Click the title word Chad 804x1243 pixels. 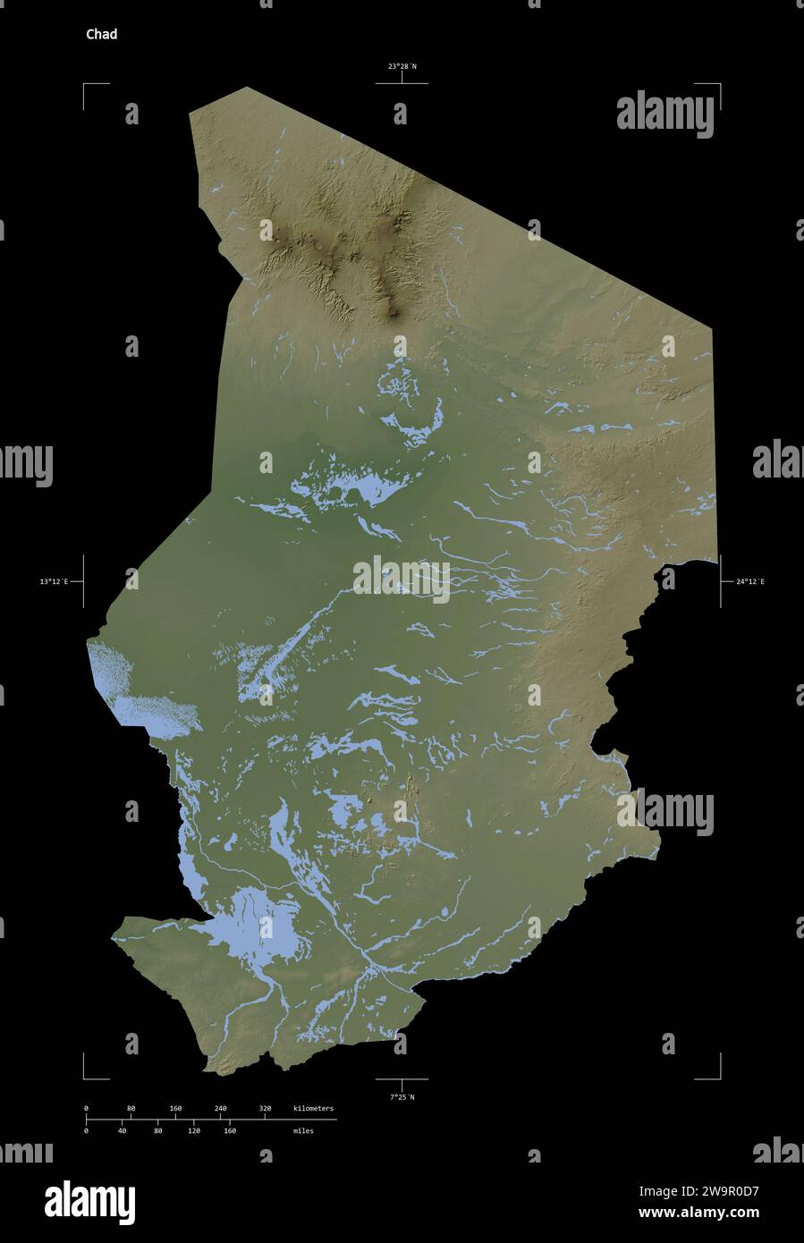[101, 35]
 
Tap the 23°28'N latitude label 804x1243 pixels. [402, 66]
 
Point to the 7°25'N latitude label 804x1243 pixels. [402, 1096]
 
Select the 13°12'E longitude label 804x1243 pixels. [54, 582]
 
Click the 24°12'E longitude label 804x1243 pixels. [750, 582]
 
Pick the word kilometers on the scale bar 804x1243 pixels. [313, 1109]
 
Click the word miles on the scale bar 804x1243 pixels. [302, 1131]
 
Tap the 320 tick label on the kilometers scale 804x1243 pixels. [265, 1109]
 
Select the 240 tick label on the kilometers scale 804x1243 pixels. [220, 1109]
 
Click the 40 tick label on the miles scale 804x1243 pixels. [122, 1131]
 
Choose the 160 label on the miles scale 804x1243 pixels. [229, 1131]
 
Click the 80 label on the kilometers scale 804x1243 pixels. [131, 1109]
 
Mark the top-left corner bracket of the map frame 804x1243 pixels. [87, 87]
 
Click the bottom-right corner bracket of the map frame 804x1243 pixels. [717, 1076]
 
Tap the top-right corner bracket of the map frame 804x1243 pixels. [717, 87]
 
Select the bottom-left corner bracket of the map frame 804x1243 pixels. [87, 1076]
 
